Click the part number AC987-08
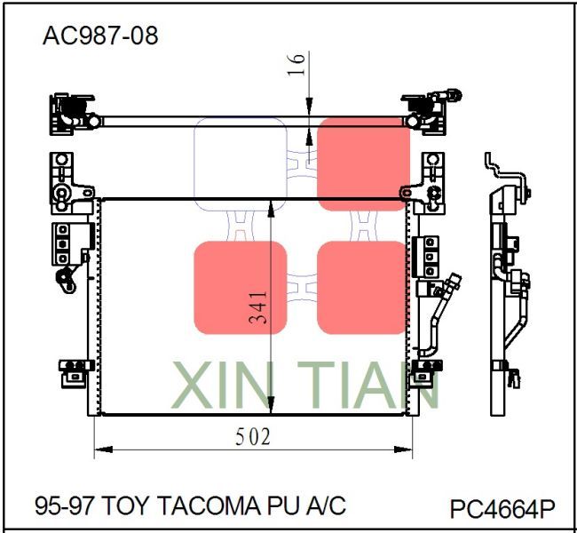pos(100,36)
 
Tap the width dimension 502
pos(253,437)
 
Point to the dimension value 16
pos(297,63)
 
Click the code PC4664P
pos(502,509)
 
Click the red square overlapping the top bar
pos(363,164)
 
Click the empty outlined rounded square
pos(240,164)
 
